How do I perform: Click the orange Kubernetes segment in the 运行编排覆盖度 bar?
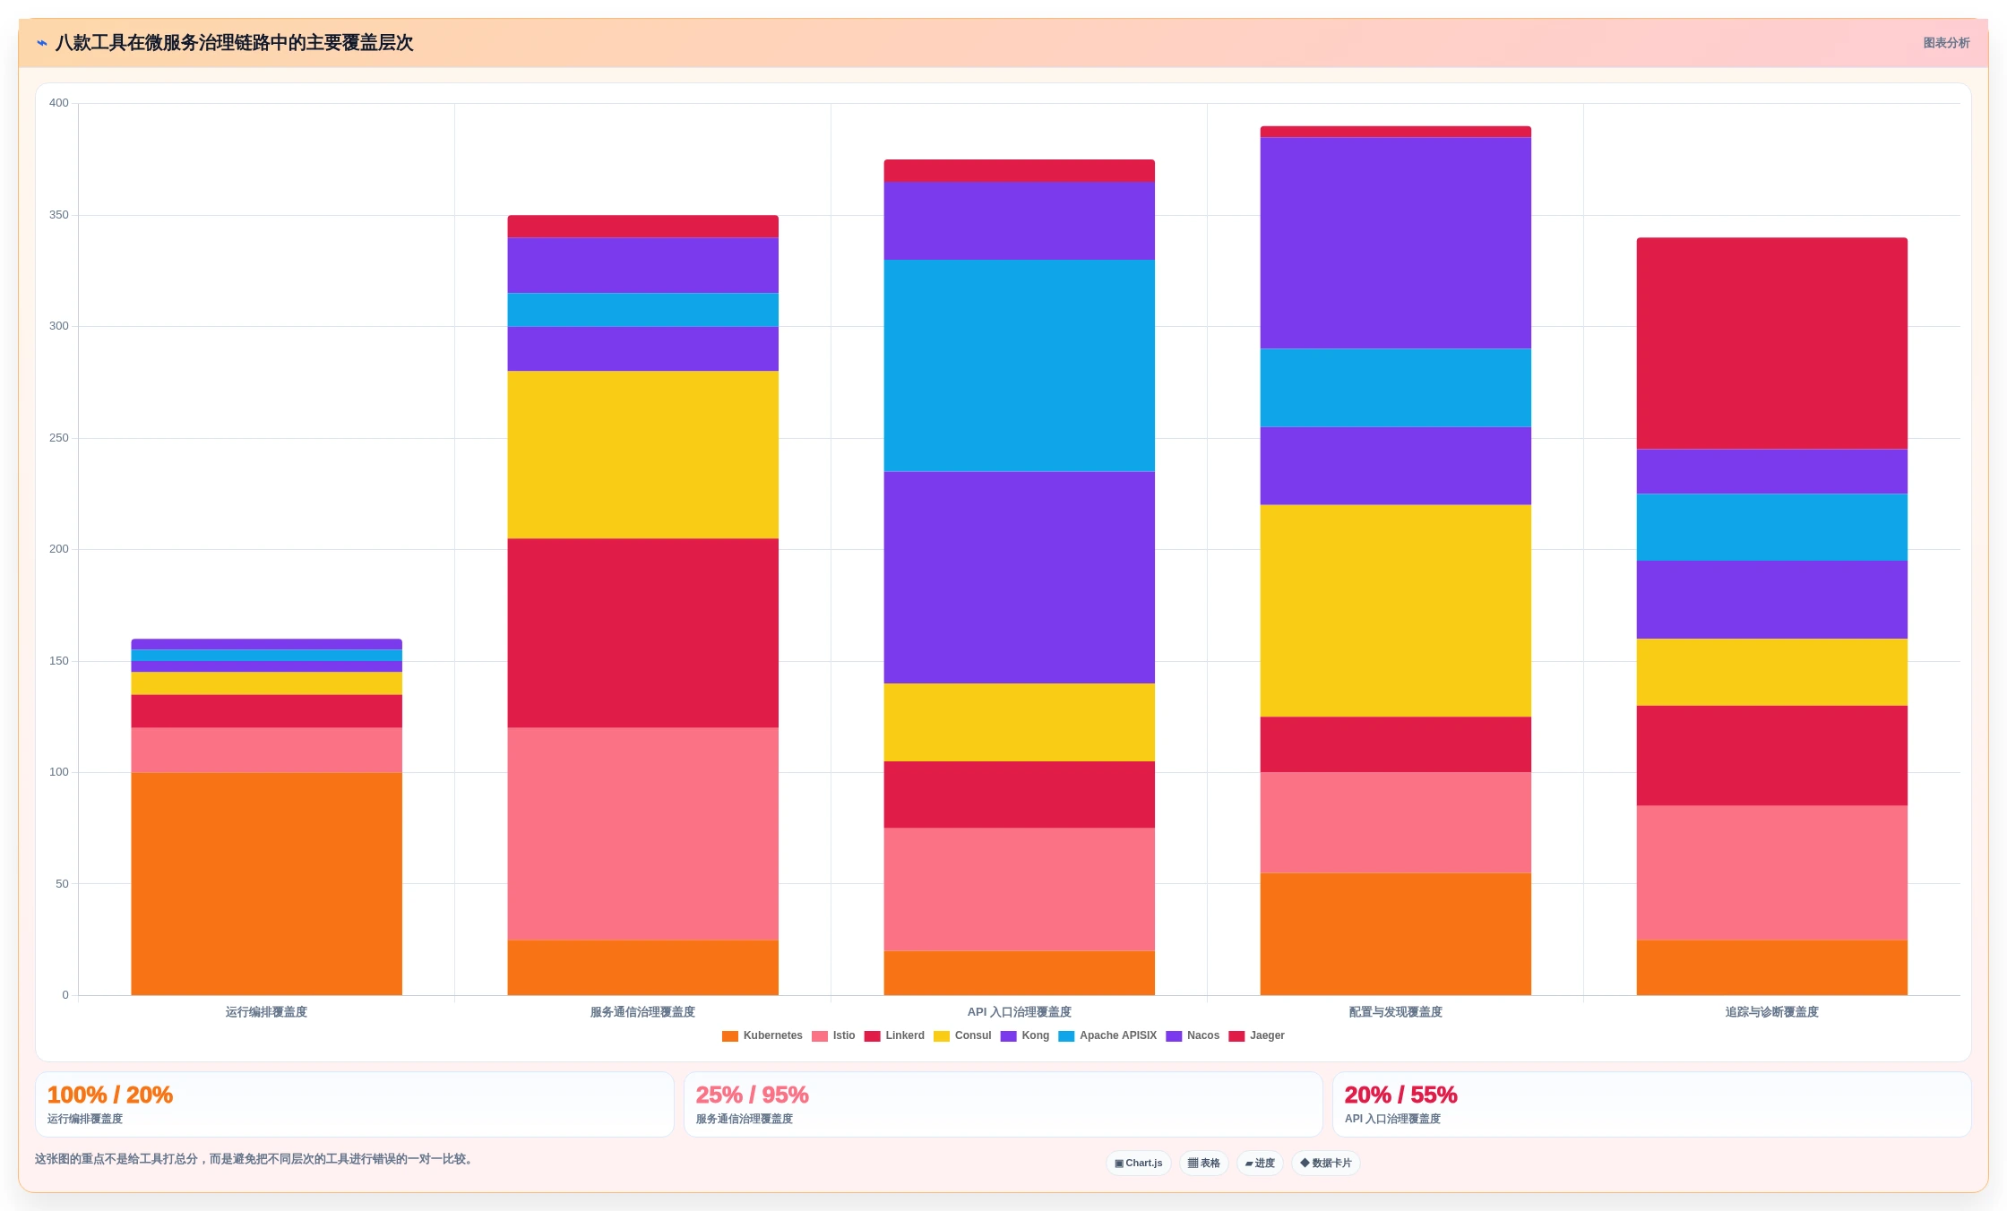coord(266,883)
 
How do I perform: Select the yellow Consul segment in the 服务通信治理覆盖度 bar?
coord(642,454)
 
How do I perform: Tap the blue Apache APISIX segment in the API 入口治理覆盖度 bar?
coord(1019,365)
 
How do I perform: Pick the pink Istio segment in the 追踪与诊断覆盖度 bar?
coord(1771,872)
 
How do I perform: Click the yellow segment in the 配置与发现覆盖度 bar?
coord(1395,610)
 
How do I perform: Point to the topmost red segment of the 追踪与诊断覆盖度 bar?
coord(1771,343)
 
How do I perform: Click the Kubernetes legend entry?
coord(762,1035)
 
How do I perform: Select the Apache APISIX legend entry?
coord(1107,1035)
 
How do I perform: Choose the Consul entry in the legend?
coord(962,1035)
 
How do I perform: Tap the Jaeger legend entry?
coord(1256,1035)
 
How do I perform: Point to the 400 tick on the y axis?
coord(59,103)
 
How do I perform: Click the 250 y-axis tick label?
coord(59,438)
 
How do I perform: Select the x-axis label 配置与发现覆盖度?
coord(1395,1012)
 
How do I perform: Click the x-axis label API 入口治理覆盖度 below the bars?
coord(1019,1012)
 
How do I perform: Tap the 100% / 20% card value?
coord(110,1095)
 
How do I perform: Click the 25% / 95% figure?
coord(753,1095)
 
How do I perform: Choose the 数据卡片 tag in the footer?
coord(1326,1163)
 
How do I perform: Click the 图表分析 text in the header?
coord(1946,43)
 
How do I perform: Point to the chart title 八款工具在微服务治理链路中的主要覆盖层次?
coord(234,43)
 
